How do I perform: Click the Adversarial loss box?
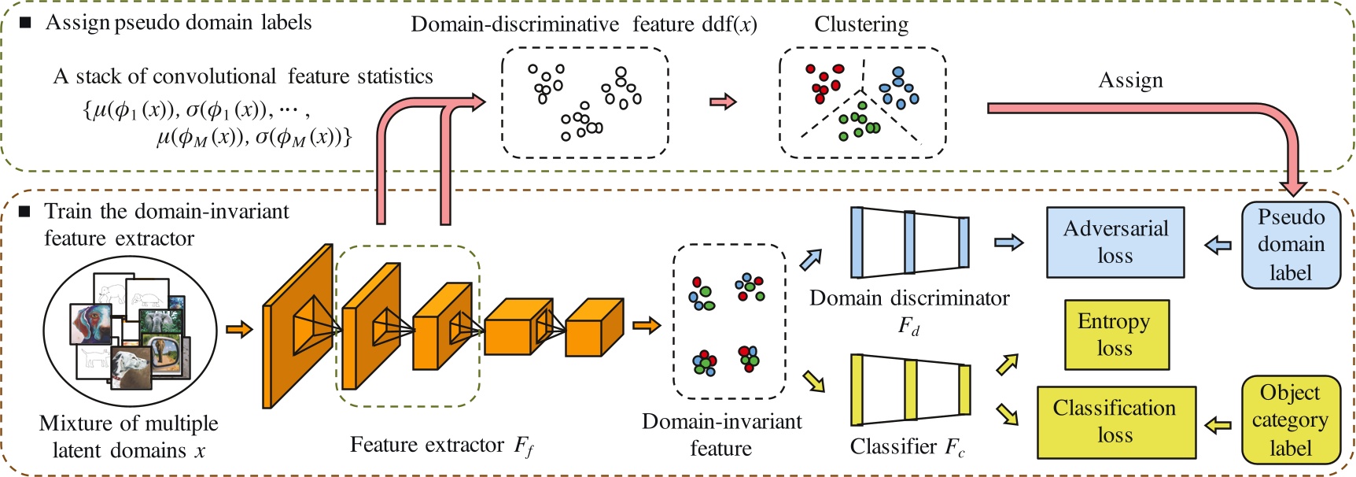click(1115, 242)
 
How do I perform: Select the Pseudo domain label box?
click(1290, 245)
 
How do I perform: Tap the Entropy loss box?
click(1116, 335)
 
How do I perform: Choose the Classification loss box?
click(1115, 422)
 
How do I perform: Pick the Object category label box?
click(1290, 420)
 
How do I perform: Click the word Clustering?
click(861, 25)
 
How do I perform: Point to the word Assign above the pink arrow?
click(1130, 80)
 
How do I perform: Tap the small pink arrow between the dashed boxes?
click(723, 102)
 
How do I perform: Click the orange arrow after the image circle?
click(239, 329)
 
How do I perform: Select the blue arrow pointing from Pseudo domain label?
click(1218, 244)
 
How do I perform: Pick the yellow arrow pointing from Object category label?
click(1218, 426)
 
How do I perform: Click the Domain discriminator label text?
click(908, 298)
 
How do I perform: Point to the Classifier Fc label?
click(907, 447)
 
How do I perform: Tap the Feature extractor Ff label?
click(441, 446)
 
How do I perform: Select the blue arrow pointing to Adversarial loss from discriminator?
click(1008, 242)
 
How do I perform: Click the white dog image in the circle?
click(129, 368)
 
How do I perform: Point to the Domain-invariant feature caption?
click(721, 434)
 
